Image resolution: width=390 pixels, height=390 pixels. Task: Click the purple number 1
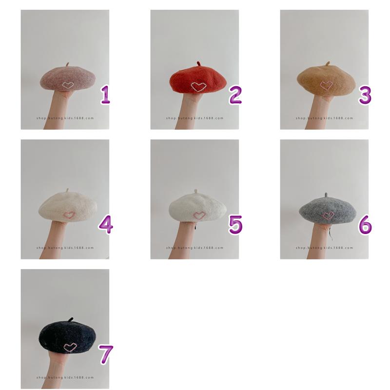(105, 95)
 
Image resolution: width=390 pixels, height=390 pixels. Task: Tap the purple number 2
(235, 95)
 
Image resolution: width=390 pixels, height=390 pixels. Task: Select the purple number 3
(365, 95)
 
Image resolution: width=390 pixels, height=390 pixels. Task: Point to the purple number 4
(106, 225)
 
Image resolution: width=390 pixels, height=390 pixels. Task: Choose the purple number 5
(235, 225)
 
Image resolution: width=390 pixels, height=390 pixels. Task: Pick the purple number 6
(365, 225)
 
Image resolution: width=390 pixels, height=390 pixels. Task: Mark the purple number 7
(106, 355)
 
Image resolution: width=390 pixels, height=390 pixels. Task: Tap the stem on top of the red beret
(198, 64)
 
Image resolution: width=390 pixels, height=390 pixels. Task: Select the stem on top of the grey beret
(326, 195)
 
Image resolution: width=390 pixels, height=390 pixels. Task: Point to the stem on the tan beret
(328, 63)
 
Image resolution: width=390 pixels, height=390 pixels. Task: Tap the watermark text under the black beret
(65, 377)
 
